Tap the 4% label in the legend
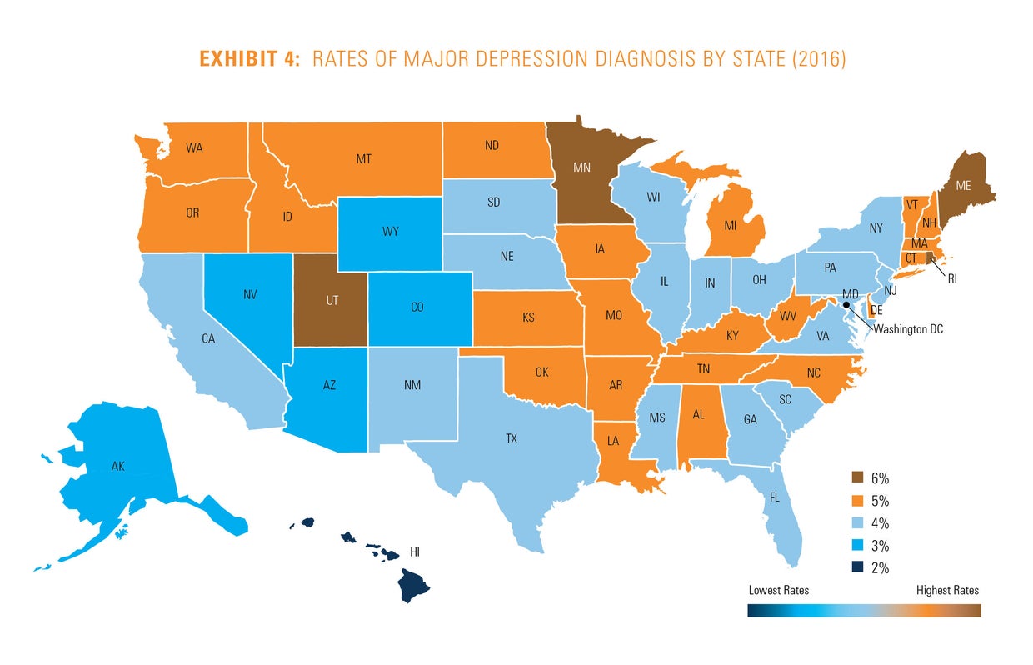point(880,524)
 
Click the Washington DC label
point(908,328)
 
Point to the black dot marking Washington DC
point(847,305)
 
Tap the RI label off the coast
point(951,279)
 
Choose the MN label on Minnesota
point(582,166)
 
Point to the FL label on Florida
point(775,497)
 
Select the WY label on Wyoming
point(390,231)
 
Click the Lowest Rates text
point(778,590)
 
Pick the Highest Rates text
point(947,590)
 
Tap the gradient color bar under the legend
point(864,610)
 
